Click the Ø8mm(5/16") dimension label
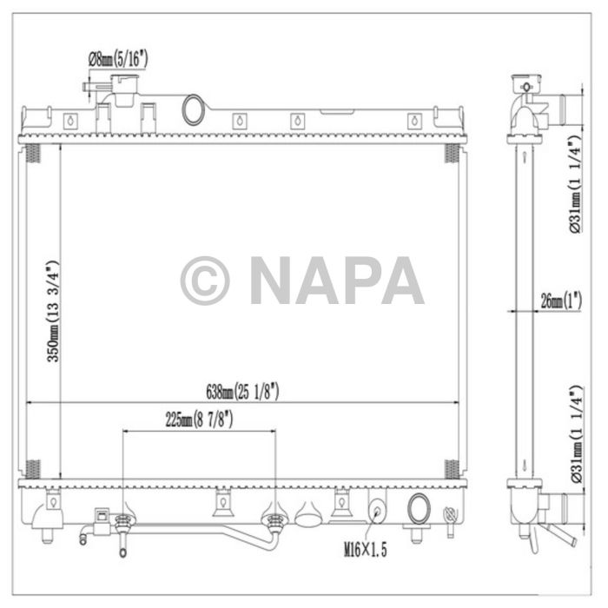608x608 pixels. point(119,59)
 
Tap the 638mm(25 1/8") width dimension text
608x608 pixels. point(243,392)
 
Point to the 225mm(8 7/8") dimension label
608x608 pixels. point(201,420)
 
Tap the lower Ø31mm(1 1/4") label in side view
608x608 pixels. point(574,433)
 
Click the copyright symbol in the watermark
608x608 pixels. point(205,280)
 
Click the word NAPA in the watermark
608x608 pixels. point(336,280)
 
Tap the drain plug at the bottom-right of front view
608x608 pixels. point(450,518)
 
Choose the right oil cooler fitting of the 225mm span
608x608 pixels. point(276,521)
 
